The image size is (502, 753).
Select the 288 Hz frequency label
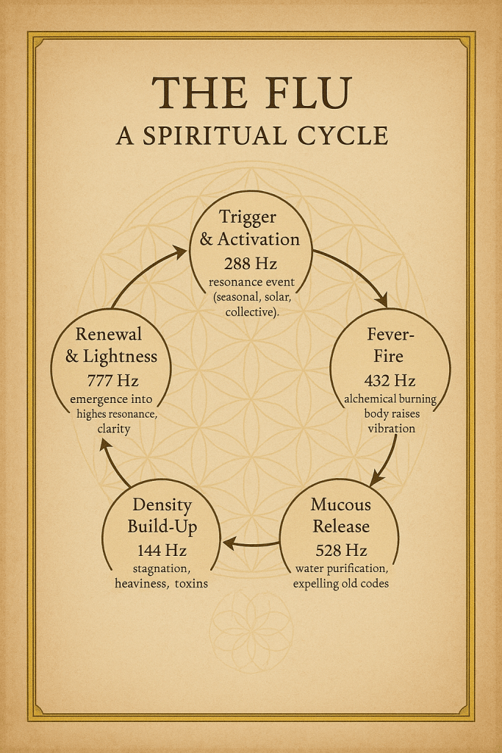[250, 263]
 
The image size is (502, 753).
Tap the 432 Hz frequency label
[390, 381]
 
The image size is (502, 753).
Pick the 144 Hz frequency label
[162, 550]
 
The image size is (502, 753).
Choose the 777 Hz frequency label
[112, 381]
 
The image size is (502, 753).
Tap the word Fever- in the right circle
[390, 335]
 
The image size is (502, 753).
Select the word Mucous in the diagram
[340, 504]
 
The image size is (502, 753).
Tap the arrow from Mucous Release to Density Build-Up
[250, 543]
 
